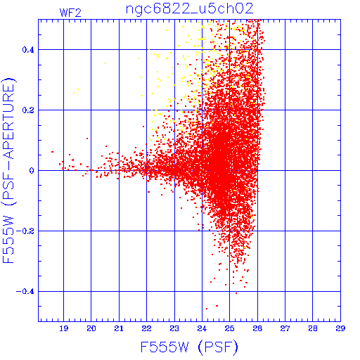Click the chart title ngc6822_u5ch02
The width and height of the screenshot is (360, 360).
[x=190, y=9]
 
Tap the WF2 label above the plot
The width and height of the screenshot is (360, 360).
[x=70, y=13]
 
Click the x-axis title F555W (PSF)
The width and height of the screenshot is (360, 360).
[x=189, y=347]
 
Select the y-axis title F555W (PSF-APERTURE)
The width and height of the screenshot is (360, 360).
[x=8, y=170]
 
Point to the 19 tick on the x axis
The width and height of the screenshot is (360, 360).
[x=63, y=328]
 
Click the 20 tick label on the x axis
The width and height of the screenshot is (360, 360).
[x=91, y=328]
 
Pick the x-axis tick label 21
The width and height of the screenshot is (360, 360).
[x=119, y=328]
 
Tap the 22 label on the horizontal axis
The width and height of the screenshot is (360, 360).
[x=146, y=328]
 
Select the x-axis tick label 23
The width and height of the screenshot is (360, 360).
[x=174, y=328]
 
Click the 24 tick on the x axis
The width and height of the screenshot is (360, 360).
[x=202, y=328]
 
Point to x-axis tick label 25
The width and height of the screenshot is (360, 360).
[x=230, y=328]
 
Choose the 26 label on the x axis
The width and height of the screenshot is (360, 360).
[x=257, y=328]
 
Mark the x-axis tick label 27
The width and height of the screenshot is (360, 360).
[x=285, y=328]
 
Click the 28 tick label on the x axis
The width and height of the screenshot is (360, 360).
[x=313, y=328]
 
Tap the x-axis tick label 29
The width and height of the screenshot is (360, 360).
[x=340, y=328]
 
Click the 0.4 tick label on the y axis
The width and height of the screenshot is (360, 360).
[x=28, y=50]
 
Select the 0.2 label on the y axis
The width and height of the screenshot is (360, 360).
[x=28, y=110]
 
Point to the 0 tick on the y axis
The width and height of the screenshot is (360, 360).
[x=32, y=171]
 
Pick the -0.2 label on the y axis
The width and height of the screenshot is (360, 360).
[x=25, y=231]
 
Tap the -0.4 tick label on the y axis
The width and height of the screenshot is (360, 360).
[x=25, y=292]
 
